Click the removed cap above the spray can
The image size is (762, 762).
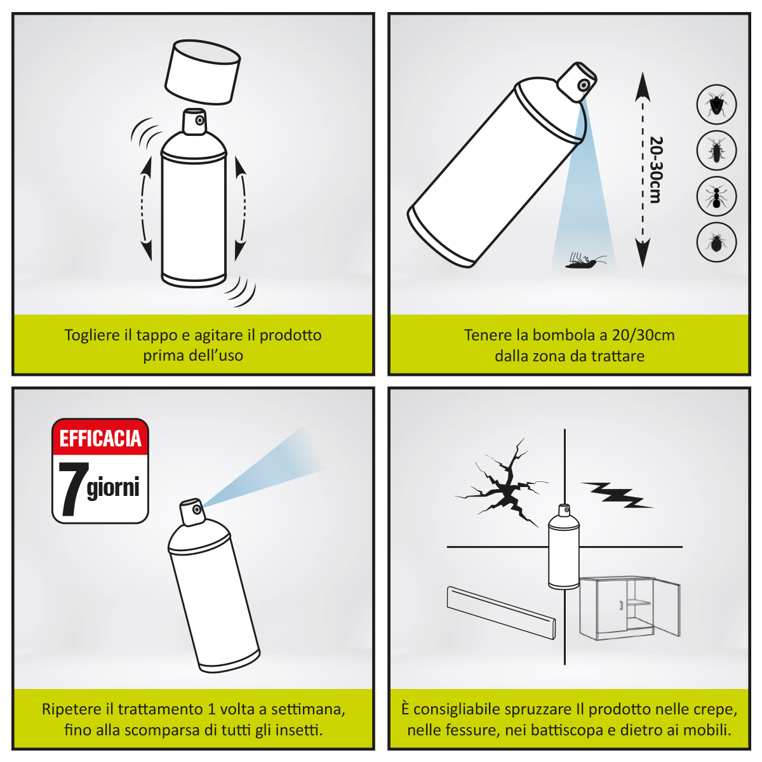[x=202, y=73]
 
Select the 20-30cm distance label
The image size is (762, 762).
[x=656, y=170]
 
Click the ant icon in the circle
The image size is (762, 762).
[x=716, y=196]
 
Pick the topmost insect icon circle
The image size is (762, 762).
[x=716, y=105]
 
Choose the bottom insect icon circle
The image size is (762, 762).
[x=716, y=242]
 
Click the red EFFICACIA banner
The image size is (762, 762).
[x=100, y=438]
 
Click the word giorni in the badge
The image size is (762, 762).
[x=113, y=488]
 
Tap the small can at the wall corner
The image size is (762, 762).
[x=563, y=549]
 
